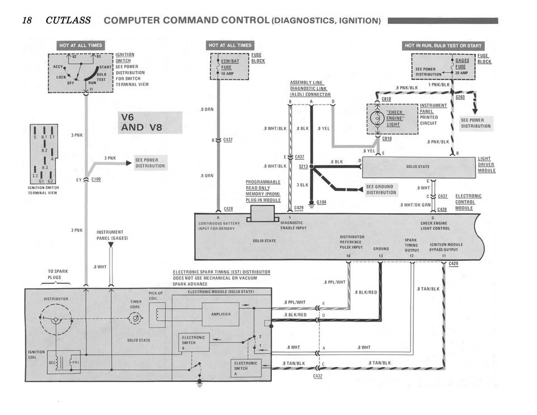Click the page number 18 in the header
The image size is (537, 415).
click(x=26, y=21)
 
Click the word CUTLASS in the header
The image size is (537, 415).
click(x=68, y=21)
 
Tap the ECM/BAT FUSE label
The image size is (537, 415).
click(x=230, y=64)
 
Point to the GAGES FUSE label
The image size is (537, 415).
click(x=462, y=63)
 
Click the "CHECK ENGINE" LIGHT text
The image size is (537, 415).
click(x=394, y=118)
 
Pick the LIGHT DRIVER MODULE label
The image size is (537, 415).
click(x=486, y=164)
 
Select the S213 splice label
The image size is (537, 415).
click(x=303, y=166)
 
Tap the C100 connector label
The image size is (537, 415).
click(x=97, y=179)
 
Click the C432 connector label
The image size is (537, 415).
click(x=318, y=376)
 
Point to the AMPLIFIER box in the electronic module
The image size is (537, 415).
click(x=220, y=314)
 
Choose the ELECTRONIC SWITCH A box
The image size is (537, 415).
click(x=246, y=369)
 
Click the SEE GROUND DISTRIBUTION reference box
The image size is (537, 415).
click(x=381, y=190)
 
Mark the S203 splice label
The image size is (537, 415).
click(x=460, y=97)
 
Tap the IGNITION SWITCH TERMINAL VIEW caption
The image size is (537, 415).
click(x=43, y=190)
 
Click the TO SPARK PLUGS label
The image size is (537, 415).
click(x=58, y=274)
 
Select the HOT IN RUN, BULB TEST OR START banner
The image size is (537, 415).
click(x=443, y=45)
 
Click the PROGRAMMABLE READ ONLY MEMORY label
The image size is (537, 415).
click(x=263, y=191)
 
